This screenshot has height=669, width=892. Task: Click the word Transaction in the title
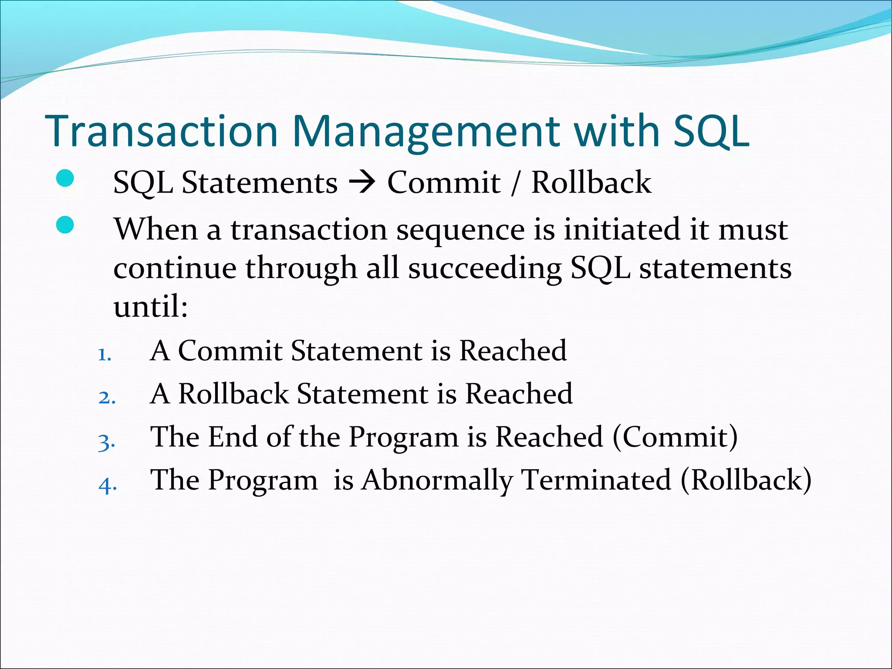point(161,132)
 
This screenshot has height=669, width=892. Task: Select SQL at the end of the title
point(711,132)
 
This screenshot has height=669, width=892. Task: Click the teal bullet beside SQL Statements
point(65,179)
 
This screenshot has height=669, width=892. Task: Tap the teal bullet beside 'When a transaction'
point(65,225)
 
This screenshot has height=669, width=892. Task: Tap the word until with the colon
point(150,307)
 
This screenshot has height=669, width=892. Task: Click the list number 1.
point(105,355)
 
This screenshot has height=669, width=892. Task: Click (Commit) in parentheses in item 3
point(675,437)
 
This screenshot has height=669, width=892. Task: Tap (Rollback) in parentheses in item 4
point(746,480)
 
